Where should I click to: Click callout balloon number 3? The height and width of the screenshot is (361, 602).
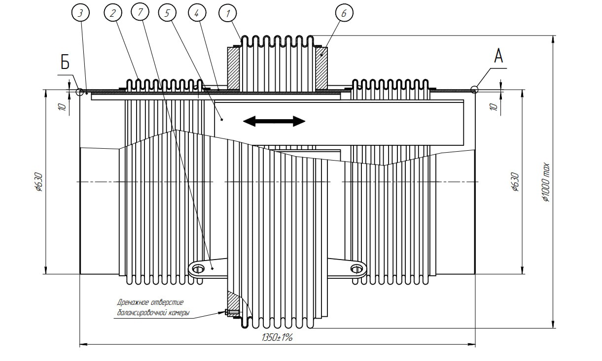point(81,13)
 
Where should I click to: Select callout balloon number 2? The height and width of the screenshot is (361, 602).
point(113,13)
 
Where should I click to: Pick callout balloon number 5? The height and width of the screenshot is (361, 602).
point(167,13)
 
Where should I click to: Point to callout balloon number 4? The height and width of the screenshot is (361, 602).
point(197,13)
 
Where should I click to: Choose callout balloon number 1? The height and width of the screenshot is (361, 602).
point(228,13)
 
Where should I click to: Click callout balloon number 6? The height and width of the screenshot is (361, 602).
point(344,13)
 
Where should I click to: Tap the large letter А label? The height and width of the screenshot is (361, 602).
point(498,56)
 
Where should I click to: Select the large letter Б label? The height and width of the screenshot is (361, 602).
point(65,62)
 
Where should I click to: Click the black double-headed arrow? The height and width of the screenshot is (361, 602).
point(274,121)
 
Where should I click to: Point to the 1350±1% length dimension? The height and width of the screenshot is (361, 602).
point(277,337)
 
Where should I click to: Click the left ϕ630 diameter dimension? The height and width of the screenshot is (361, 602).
point(39,182)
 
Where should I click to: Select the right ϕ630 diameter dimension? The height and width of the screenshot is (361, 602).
point(515,182)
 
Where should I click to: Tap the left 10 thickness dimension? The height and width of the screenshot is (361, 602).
point(62,107)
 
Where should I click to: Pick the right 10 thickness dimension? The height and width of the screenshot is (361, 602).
point(494,107)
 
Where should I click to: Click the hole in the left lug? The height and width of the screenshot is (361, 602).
point(198,269)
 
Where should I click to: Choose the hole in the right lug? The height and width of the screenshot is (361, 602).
point(356,269)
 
